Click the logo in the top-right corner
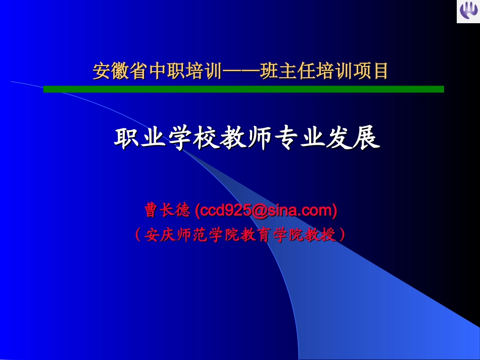pyautogui.click(x=468, y=12)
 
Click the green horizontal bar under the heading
pyautogui.click(x=243, y=89)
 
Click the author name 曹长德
pyautogui.click(x=167, y=210)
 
